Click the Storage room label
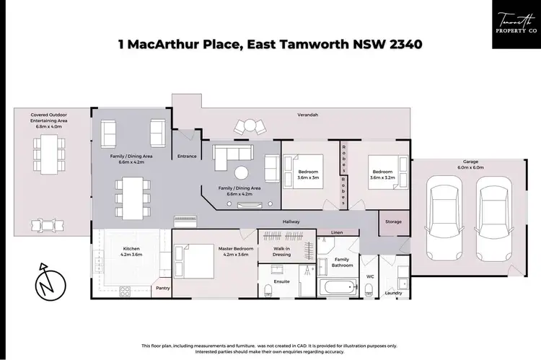[393, 221]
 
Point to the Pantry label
[162, 288]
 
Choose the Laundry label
[393, 293]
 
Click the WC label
[369, 276]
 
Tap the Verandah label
[308, 115]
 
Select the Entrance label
[187, 156]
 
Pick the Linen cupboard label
[337, 233]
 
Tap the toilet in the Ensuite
[269, 290]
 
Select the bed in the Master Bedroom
[194, 254]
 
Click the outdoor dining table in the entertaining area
[44, 155]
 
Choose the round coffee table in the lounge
[242, 173]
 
